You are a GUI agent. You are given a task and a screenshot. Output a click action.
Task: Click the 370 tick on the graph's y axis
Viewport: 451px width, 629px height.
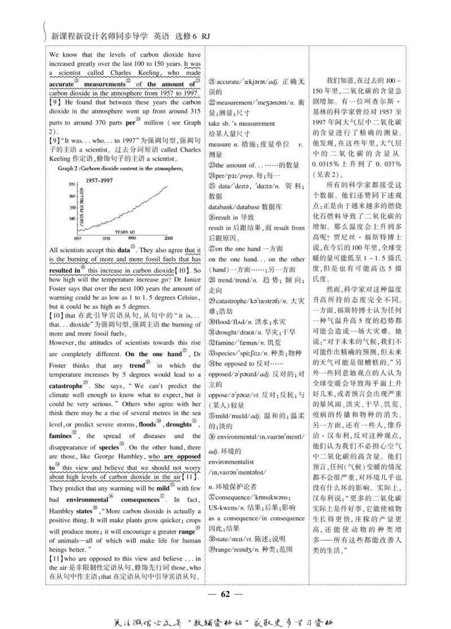71,184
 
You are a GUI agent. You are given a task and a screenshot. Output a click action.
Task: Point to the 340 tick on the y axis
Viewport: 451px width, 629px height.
71,218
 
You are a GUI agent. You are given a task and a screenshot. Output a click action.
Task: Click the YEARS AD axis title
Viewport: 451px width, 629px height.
125,232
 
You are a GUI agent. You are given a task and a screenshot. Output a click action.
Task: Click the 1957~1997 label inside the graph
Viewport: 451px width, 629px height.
101,179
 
